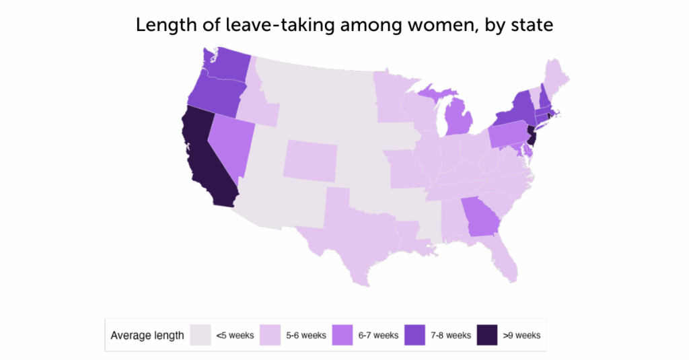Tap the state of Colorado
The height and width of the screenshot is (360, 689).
click(309, 161)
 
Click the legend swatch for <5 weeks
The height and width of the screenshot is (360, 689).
click(199, 334)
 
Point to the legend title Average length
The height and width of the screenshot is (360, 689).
click(147, 335)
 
